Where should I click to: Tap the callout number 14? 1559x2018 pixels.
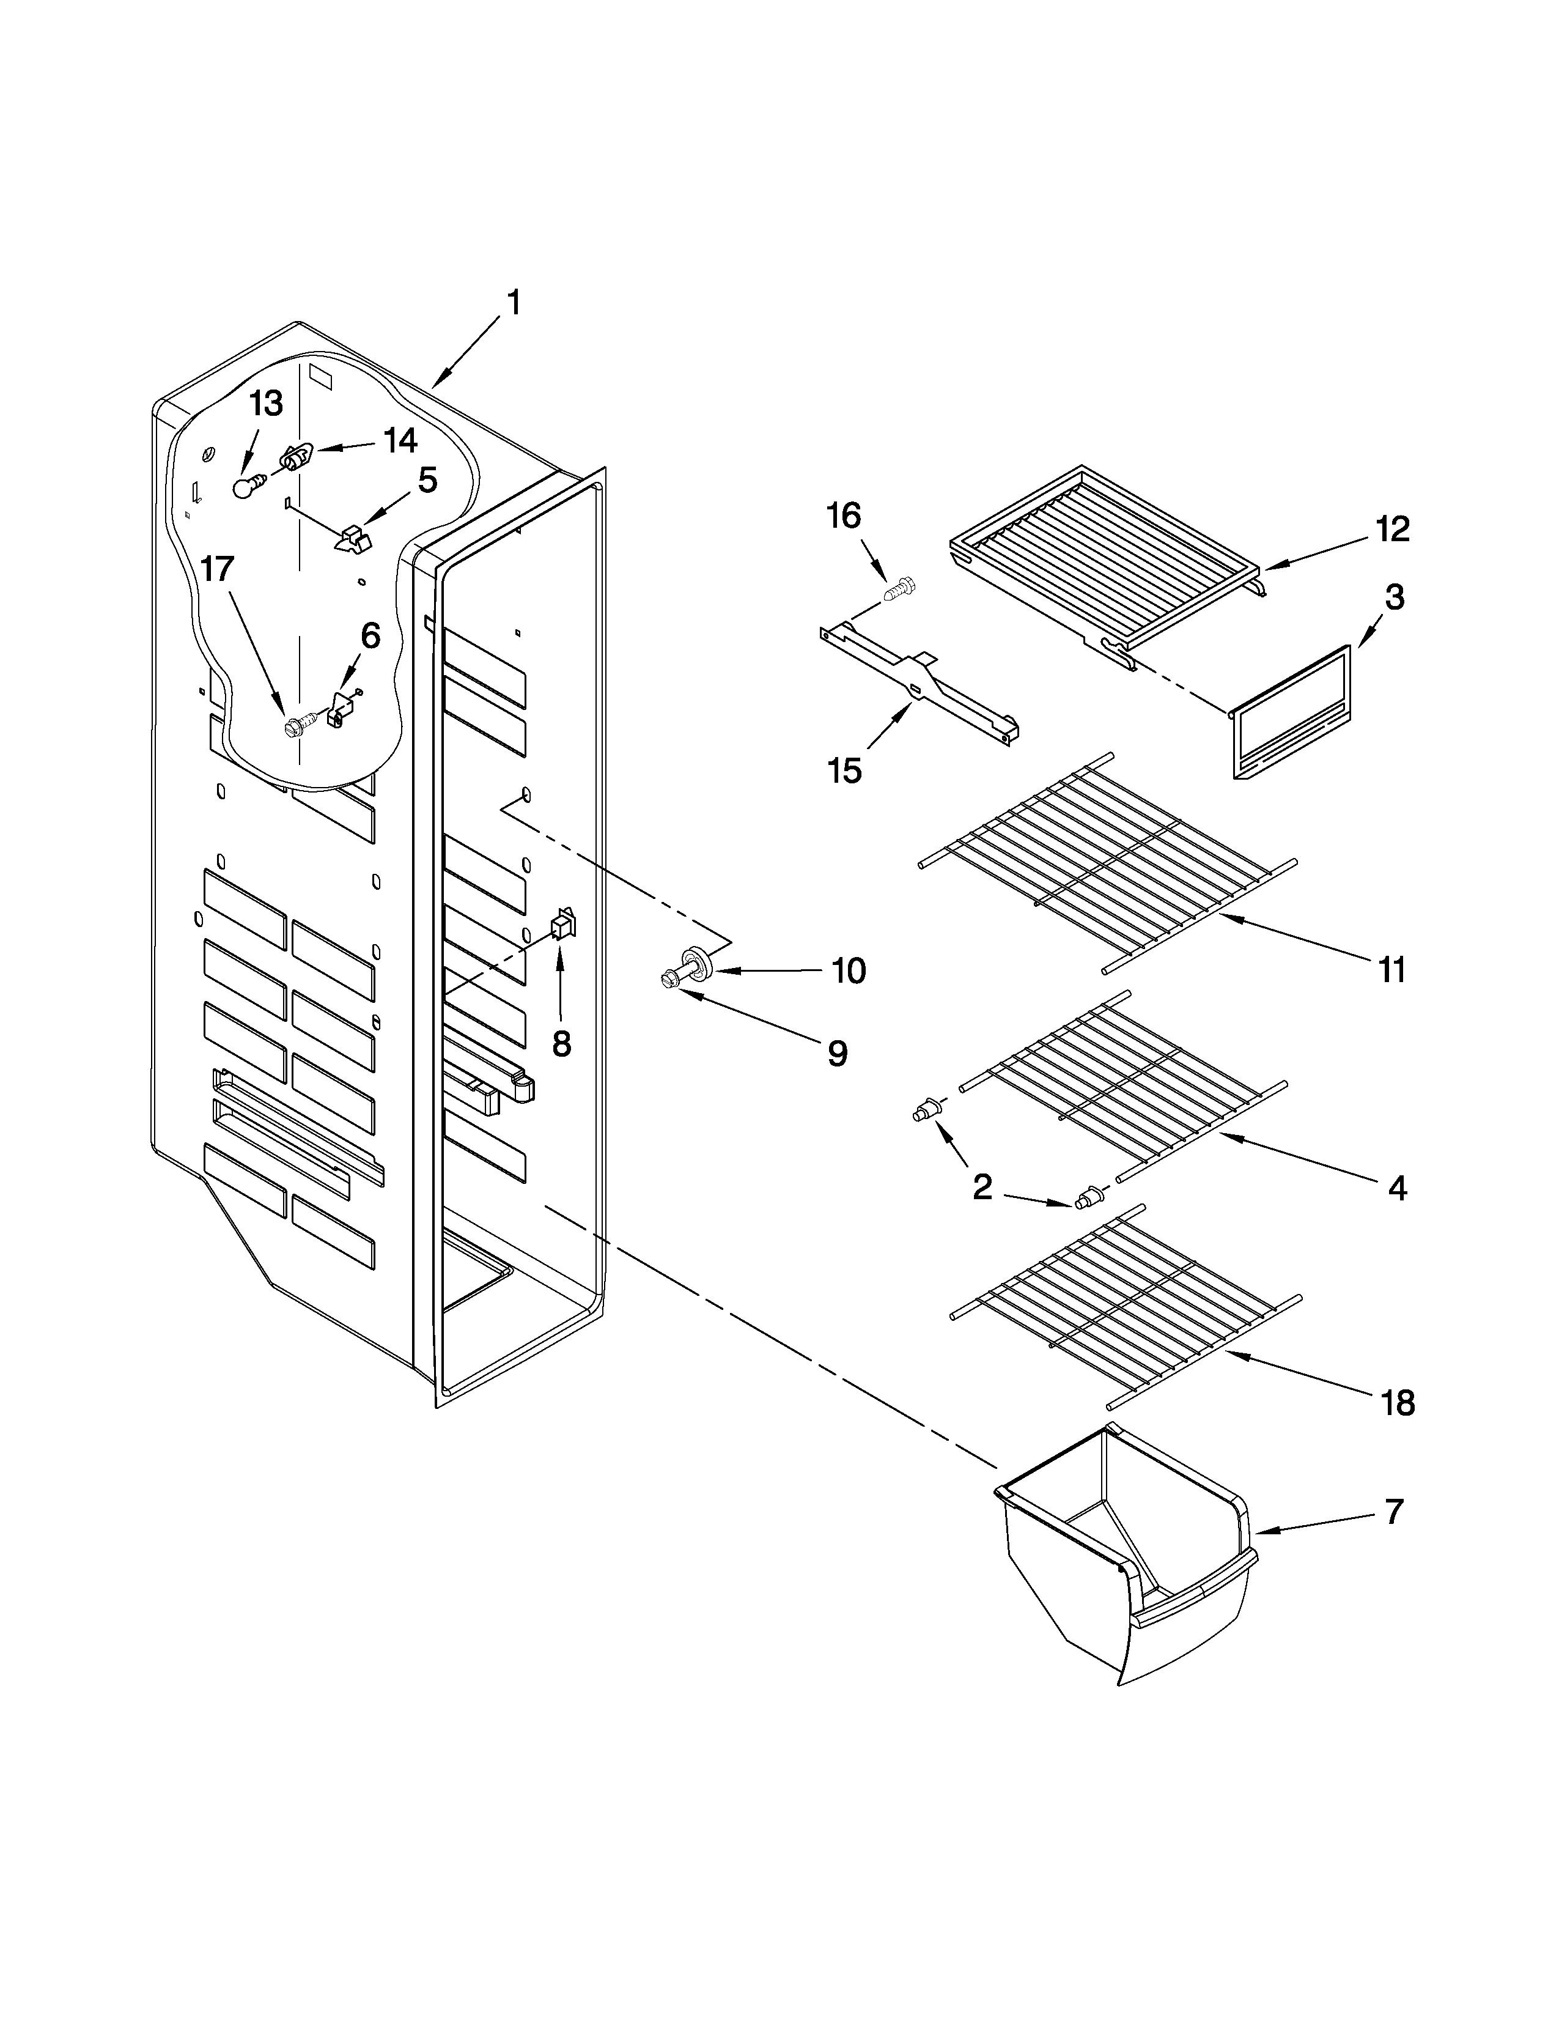[399, 441]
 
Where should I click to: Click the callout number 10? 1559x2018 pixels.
[848, 970]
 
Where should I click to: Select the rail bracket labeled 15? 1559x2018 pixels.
[919, 689]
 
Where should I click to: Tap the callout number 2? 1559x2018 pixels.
[982, 1186]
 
